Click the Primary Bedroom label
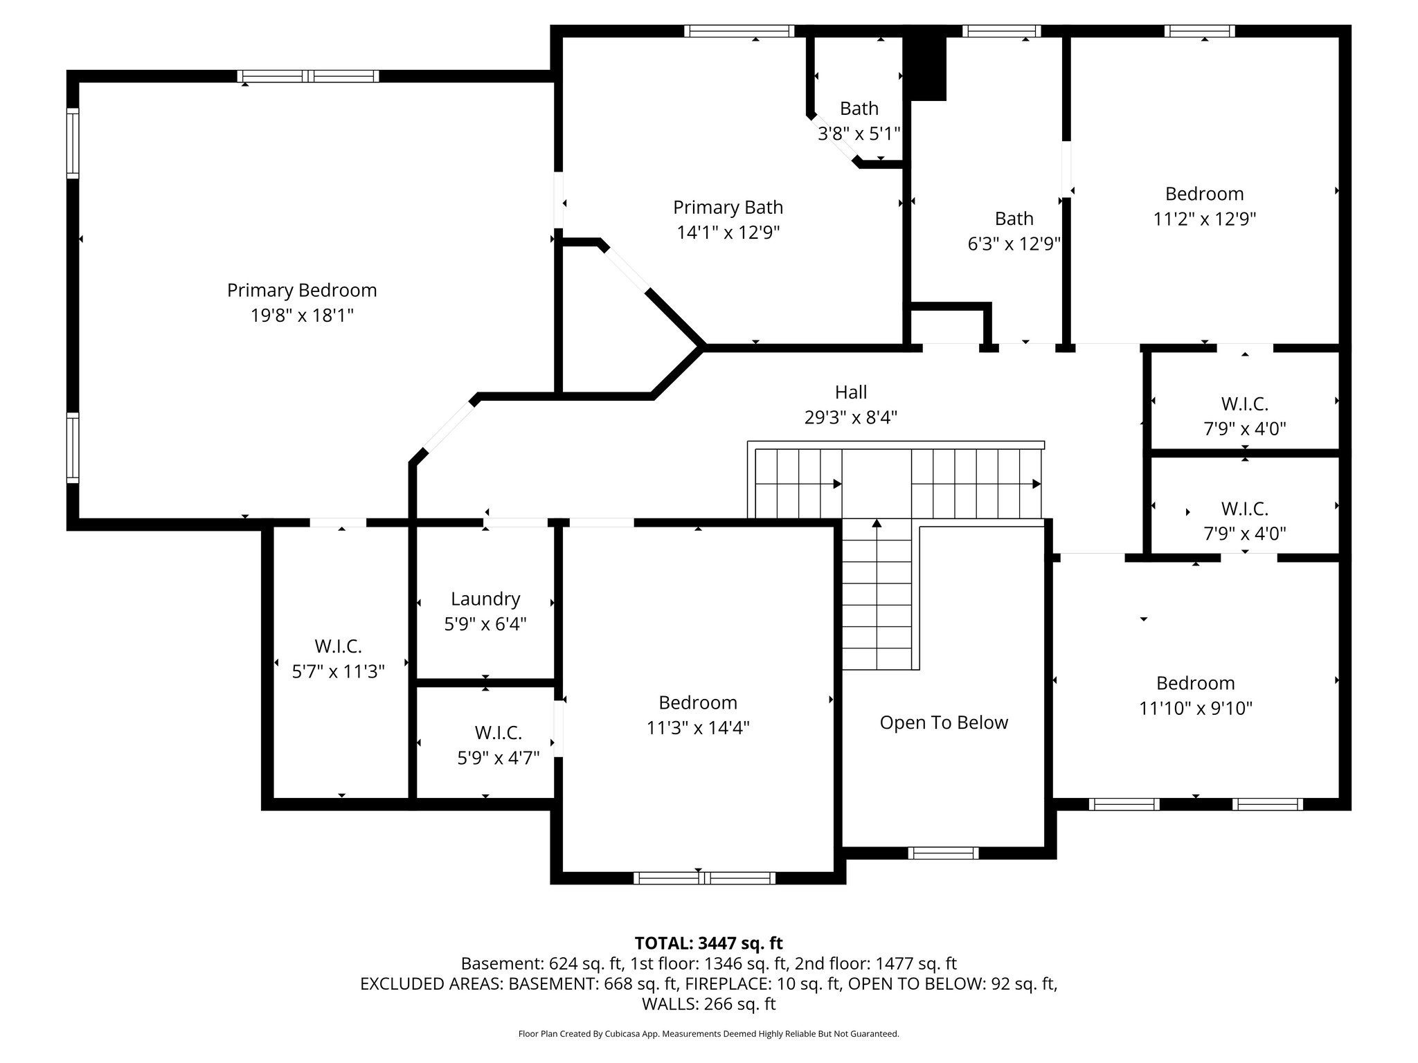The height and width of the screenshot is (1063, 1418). point(302,290)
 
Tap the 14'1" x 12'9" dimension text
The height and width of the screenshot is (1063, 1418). point(728,233)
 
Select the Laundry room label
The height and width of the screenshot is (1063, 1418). point(485,599)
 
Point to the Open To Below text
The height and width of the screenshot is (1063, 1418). point(943,723)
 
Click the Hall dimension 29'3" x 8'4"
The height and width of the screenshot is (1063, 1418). point(850,417)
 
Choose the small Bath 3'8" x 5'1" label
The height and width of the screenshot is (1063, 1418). point(859,121)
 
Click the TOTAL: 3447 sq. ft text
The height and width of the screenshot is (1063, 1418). point(708,943)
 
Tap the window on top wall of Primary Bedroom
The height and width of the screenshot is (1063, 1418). point(308,76)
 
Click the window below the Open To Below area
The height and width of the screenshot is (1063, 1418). point(943,853)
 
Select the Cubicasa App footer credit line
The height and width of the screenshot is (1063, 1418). point(708,1034)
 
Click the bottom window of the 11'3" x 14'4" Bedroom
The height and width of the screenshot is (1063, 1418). point(704,878)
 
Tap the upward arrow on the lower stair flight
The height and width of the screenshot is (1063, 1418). point(877,525)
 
